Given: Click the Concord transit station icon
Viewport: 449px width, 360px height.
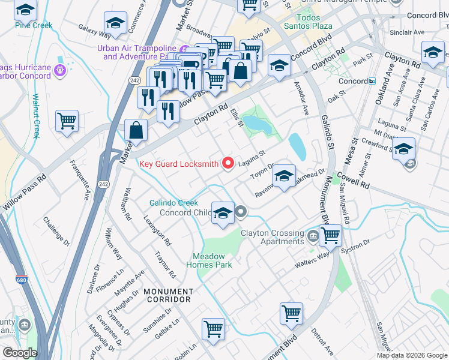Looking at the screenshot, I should point(372,81).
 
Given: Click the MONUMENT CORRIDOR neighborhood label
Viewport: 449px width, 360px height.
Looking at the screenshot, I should point(167,295).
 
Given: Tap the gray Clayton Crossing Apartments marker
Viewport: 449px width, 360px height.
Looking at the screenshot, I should point(312,235).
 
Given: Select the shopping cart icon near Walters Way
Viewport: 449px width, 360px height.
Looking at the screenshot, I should point(330,235).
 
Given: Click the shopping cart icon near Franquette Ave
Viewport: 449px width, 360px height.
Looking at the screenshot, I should point(67,120).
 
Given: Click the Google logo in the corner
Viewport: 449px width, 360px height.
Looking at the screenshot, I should point(20,353).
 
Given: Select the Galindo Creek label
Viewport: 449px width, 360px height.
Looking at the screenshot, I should point(173,203).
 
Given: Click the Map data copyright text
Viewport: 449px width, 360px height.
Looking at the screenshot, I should point(411,355).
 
